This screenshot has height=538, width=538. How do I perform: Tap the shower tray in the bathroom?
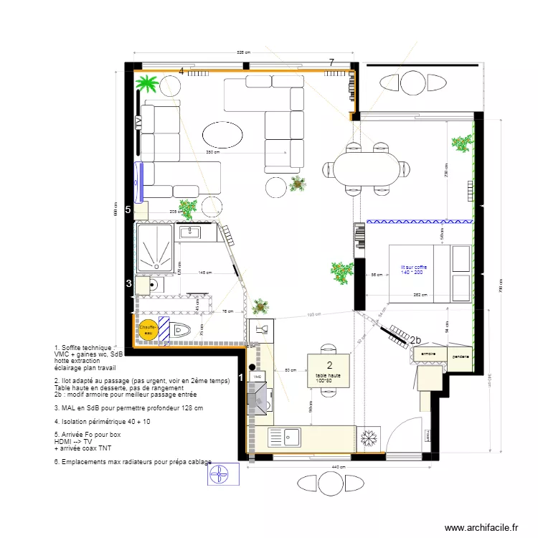point(155,249)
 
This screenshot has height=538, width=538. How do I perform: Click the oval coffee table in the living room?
point(223,134)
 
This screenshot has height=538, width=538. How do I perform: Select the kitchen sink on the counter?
point(291,436)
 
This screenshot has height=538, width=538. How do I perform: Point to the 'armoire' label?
point(429,354)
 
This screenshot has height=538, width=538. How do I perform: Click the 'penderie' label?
point(461,356)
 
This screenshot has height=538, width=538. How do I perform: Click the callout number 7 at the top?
point(331,63)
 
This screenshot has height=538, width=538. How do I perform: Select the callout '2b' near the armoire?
point(415,339)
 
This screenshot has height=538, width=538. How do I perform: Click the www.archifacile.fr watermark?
point(481,527)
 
